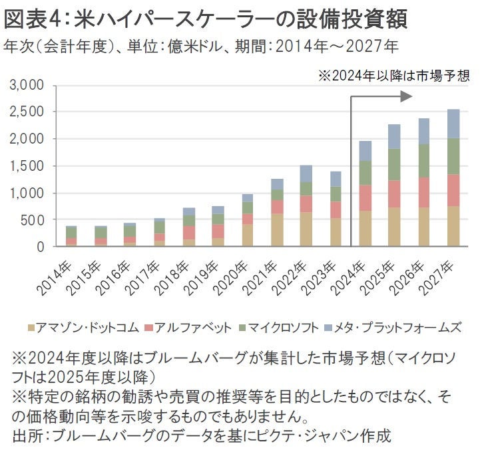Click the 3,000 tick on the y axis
click(x=27, y=86)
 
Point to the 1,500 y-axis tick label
click(x=27, y=166)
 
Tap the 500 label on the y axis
click(x=33, y=220)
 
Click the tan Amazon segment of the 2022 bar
click(x=307, y=229)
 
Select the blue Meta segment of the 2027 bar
click(x=453, y=124)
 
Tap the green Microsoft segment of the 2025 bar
click(x=395, y=164)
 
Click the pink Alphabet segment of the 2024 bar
click(x=365, y=198)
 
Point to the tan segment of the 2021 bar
click(x=277, y=231)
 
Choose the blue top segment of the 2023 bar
click(x=336, y=179)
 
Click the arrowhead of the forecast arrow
click(x=406, y=97)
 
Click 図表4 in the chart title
click(x=30, y=18)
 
